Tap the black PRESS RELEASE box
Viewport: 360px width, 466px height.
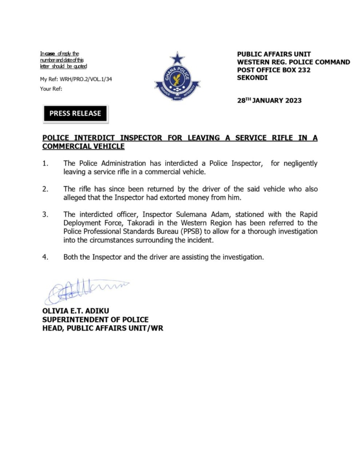click(x=75, y=113)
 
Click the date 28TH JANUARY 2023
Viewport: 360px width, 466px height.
click(x=269, y=101)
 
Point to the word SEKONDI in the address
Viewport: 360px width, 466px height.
click(x=253, y=78)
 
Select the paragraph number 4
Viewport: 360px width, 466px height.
click(x=46, y=257)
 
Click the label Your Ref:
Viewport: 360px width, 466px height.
click(x=51, y=89)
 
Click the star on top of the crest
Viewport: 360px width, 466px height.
click(x=177, y=58)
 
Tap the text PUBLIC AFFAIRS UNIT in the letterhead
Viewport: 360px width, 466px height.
click(x=274, y=54)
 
